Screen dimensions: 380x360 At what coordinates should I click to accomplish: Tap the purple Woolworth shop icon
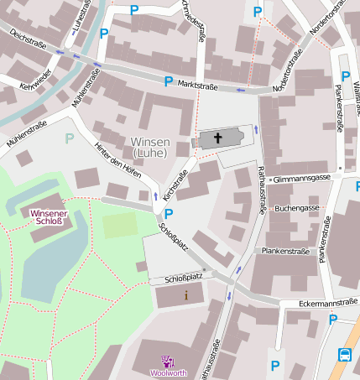click(168, 362)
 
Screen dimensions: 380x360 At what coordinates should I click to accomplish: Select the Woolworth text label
click(168, 373)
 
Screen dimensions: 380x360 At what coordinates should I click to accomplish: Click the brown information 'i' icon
click(186, 295)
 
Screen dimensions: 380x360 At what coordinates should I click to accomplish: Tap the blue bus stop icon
click(346, 354)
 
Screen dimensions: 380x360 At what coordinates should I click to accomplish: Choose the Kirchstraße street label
click(175, 184)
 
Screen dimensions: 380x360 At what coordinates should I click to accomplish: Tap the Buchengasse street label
click(297, 207)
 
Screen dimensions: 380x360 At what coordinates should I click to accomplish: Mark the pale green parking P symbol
click(70, 138)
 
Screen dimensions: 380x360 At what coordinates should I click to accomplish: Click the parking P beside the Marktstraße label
click(168, 81)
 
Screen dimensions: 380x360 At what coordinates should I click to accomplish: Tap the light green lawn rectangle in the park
click(120, 225)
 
